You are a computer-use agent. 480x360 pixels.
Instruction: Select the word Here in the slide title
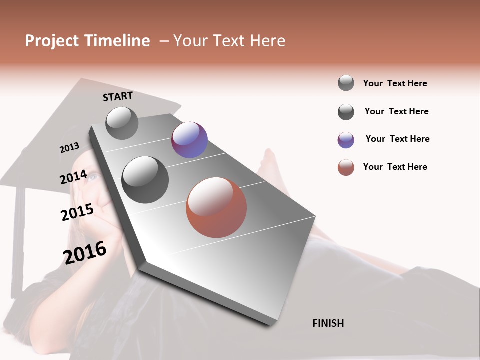tap(268, 41)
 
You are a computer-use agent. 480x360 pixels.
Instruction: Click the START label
tap(118, 96)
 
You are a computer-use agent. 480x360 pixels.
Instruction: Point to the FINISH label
tap(328, 323)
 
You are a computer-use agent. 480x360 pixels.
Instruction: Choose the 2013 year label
tap(69, 148)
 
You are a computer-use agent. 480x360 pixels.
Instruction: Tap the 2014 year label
tap(73, 177)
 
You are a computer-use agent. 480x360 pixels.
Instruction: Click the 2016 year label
tap(85, 252)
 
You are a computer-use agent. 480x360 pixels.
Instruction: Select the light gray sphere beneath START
tap(122, 123)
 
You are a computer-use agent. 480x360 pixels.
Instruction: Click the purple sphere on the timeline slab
tap(189, 140)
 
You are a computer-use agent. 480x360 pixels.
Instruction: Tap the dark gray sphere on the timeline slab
tap(145, 180)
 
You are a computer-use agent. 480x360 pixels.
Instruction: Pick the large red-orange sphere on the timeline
tap(216, 207)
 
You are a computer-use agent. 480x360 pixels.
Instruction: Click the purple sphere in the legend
tap(346, 140)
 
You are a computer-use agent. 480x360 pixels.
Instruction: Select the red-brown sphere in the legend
tap(346, 168)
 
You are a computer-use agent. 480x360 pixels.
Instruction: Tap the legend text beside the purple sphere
tap(397, 139)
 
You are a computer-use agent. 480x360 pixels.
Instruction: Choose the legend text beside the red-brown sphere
tap(395, 167)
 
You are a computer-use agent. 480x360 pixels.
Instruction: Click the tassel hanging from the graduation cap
tap(18, 240)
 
